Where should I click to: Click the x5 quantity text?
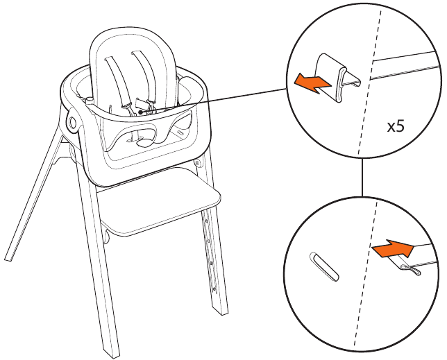[x=396, y=126]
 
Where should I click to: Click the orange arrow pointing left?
[x=312, y=83]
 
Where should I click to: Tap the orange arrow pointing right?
[x=393, y=248]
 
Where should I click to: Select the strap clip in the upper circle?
[x=337, y=77]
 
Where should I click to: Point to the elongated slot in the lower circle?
[x=324, y=266]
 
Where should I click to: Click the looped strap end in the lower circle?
[x=410, y=270]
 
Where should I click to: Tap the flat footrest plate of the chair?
[x=160, y=200]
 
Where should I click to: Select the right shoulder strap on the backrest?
[x=144, y=75]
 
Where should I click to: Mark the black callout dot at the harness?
[x=140, y=112]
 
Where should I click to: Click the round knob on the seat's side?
[x=72, y=123]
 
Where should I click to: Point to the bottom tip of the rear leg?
[x=8, y=259]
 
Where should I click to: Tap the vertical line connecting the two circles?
[x=362, y=177]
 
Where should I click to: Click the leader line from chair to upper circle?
[x=214, y=101]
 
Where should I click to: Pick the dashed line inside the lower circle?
[x=366, y=273]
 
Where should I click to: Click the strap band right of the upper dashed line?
[x=405, y=65]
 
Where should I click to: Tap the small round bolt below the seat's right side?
[x=196, y=163]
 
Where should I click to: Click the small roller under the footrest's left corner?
[x=106, y=237]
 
